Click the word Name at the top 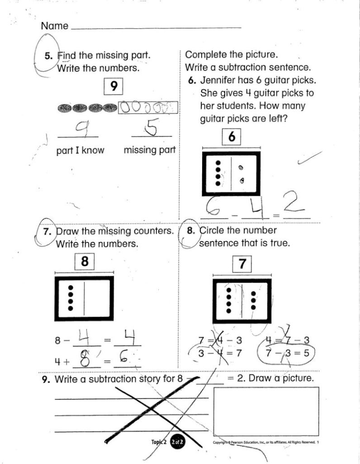click(54, 26)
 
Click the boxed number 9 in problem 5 click(114, 86)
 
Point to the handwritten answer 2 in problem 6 click(294, 204)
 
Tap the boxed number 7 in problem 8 click(242, 264)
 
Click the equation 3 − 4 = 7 click(214, 353)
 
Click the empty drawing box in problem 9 click(266, 411)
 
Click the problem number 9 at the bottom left click(45, 379)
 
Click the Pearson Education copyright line click(265, 442)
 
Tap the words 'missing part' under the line click(149, 150)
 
